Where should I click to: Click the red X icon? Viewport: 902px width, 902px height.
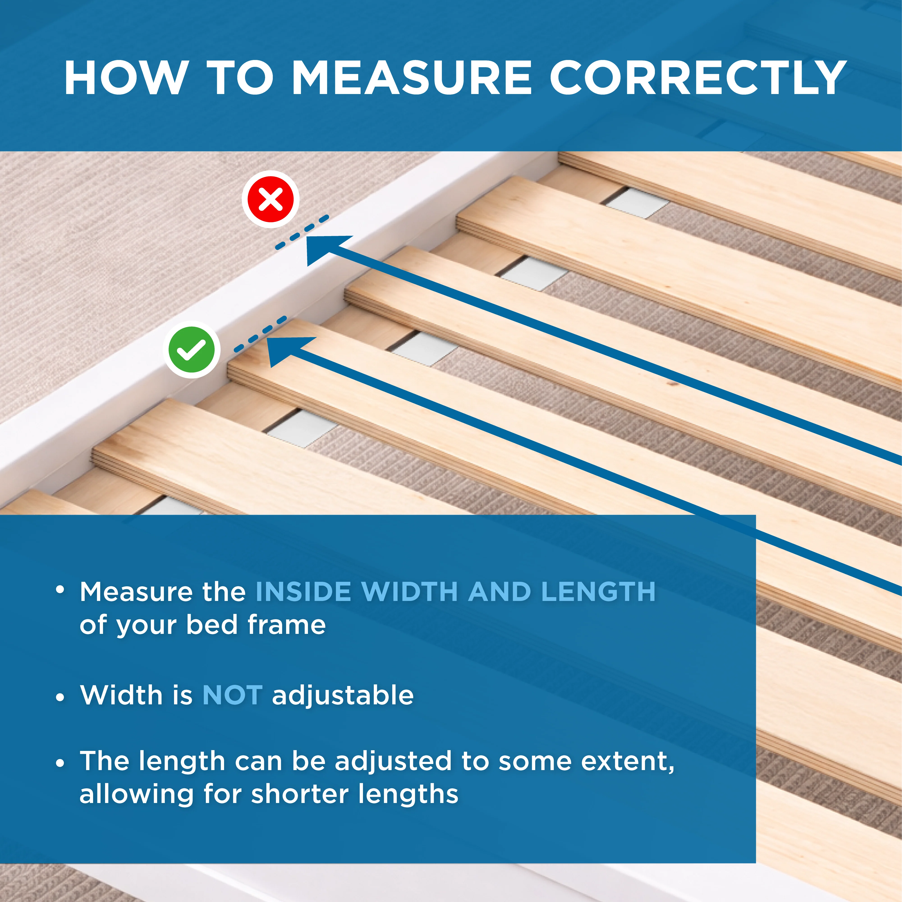coord(270,199)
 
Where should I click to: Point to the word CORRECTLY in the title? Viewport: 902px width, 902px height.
coord(698,78)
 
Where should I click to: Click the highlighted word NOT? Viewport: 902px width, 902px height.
coord(232,695)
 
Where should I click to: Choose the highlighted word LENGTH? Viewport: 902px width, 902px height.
coord(599,592)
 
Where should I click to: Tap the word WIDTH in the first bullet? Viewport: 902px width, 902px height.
coord(409,592)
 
